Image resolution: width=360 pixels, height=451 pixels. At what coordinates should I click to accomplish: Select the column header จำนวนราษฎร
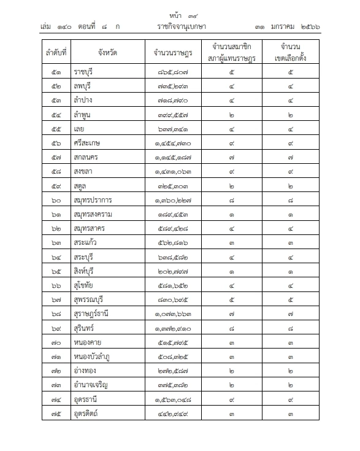[x=174, y=52]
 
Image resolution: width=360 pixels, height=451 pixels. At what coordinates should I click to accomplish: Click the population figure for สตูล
[x=174, y=186]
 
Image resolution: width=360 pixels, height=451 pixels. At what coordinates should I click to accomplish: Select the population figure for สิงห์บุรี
[x=174, y=272]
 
